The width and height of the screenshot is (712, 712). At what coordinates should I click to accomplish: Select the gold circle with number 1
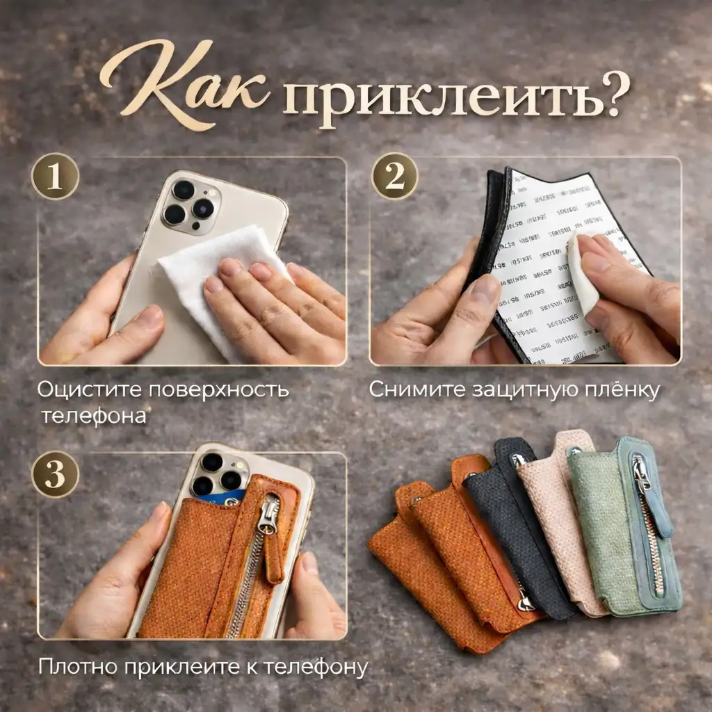coord(55,176)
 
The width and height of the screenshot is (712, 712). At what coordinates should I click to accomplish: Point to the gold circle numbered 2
coord(394,176)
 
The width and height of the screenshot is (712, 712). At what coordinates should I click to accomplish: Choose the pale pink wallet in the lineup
coord(556,515)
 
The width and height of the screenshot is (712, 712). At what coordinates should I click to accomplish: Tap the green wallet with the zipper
coord(619,528)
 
